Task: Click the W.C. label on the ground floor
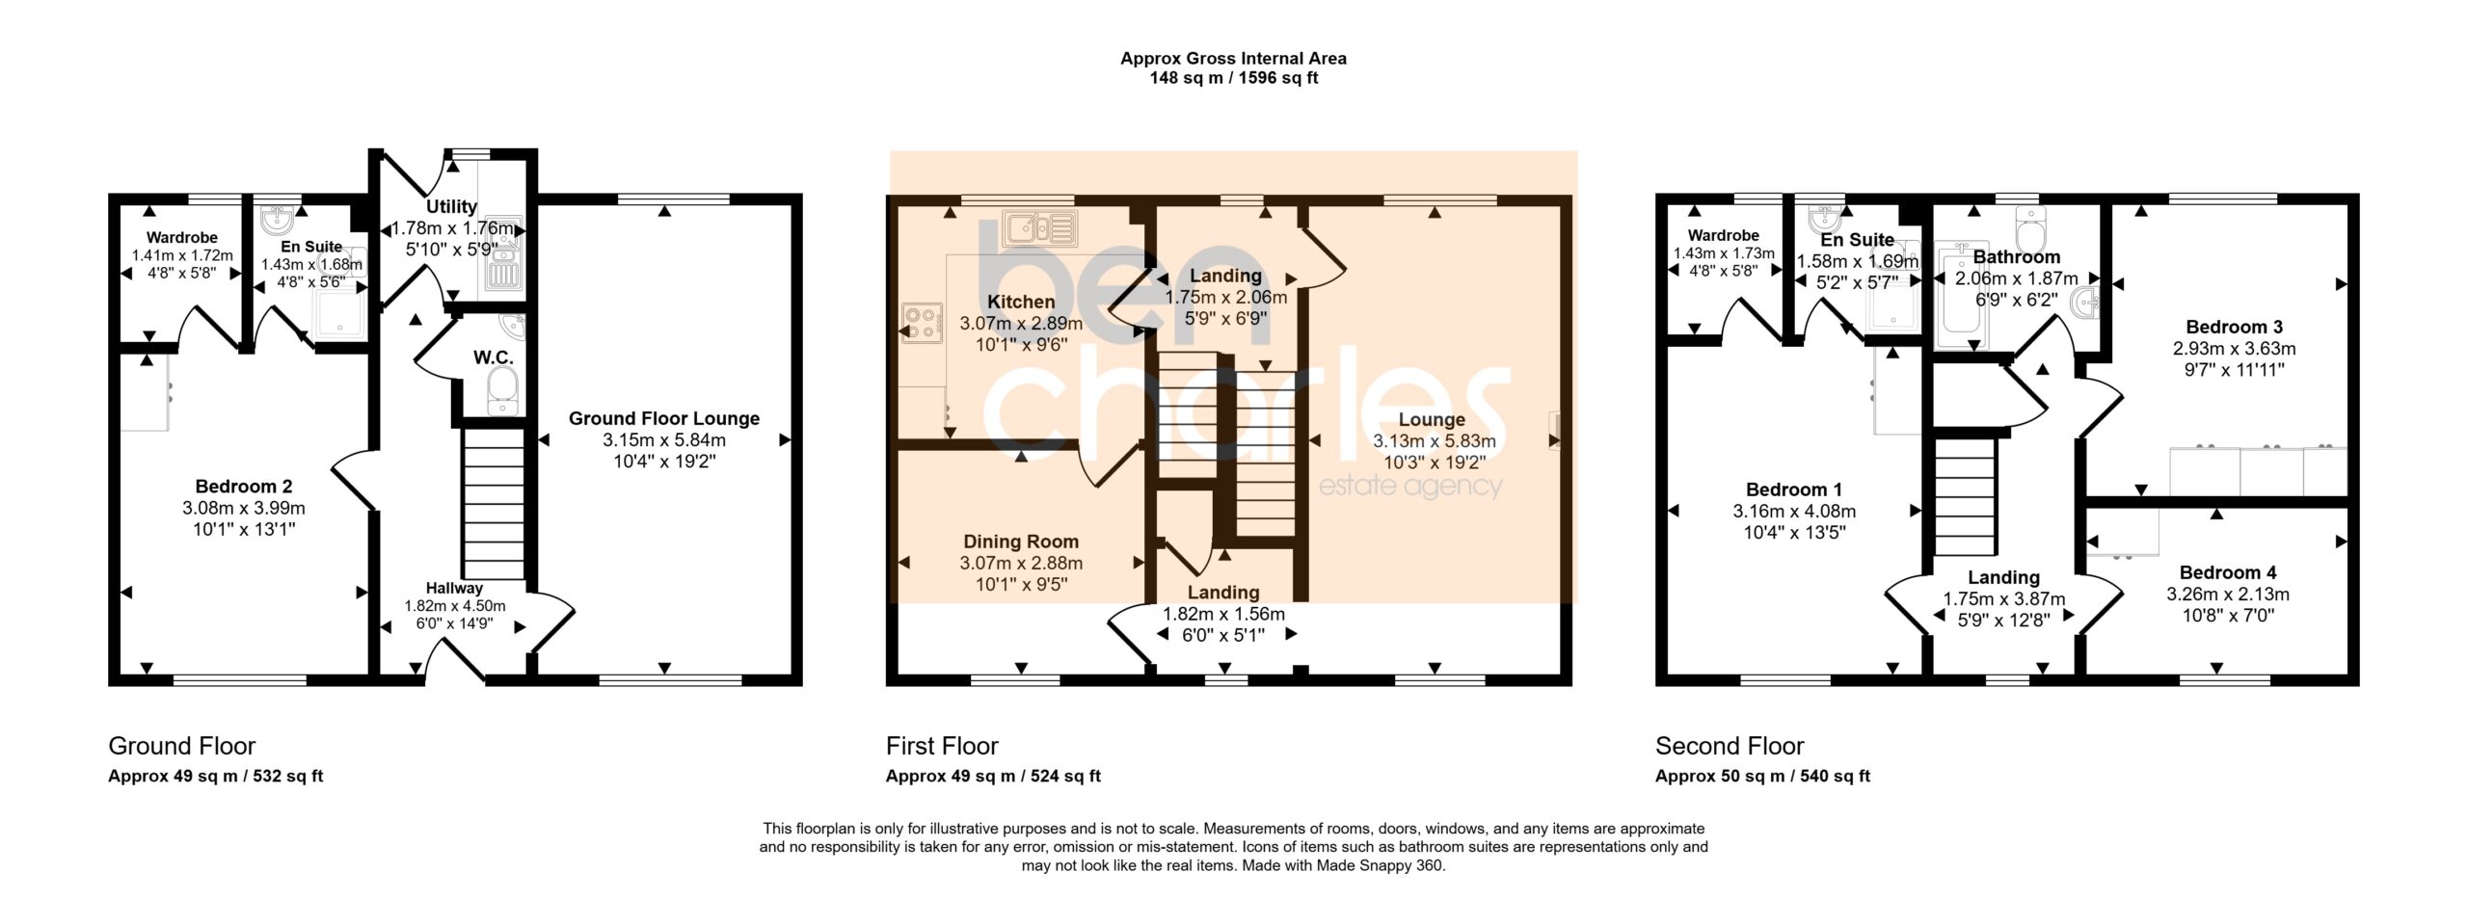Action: click(x=493, y=357)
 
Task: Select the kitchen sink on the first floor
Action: click(x=1039, y=229)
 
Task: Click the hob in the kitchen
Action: click(x=922, y=323)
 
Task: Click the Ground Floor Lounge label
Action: click(x=663, y=418)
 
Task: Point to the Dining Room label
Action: click(x=1021, y=542)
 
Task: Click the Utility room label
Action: click(x=451, y=206)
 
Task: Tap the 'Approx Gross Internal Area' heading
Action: click(x=1233, y=58)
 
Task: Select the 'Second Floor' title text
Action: click(x=1729, y=746)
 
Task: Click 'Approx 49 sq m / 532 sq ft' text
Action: click(x=215, y=776)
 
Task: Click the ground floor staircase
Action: click(x=493, y=503)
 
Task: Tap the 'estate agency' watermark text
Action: click(x=1409, y=487)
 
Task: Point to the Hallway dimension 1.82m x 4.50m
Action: click(x=454, y=606)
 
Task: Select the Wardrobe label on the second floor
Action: click(x=1723, y=235)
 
